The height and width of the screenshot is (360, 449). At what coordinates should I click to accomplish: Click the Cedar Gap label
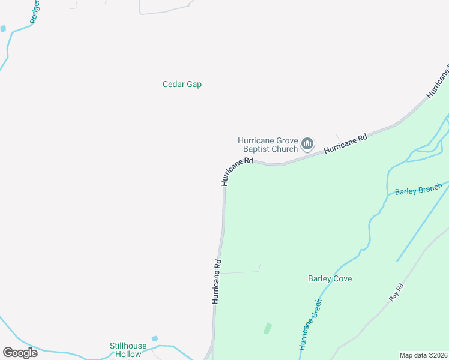(182, 85)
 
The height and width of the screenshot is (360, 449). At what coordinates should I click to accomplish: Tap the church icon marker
(307, 143)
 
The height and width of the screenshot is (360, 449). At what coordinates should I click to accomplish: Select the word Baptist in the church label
(258, 149)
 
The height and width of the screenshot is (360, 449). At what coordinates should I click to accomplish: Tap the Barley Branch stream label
(418, 190)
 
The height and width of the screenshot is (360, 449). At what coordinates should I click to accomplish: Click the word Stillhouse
(128, 346)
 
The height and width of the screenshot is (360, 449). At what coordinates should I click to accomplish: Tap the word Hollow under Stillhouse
(128, 354)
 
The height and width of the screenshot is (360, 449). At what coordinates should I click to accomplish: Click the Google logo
(20, 353)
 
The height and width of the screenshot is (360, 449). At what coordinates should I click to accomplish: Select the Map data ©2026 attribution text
(424, 355)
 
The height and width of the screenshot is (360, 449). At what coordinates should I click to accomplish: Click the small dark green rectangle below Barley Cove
(267, 328)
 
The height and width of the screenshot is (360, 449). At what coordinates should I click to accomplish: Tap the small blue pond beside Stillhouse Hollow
(155, 338)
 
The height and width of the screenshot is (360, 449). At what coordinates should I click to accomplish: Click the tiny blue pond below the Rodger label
(3, 28)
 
